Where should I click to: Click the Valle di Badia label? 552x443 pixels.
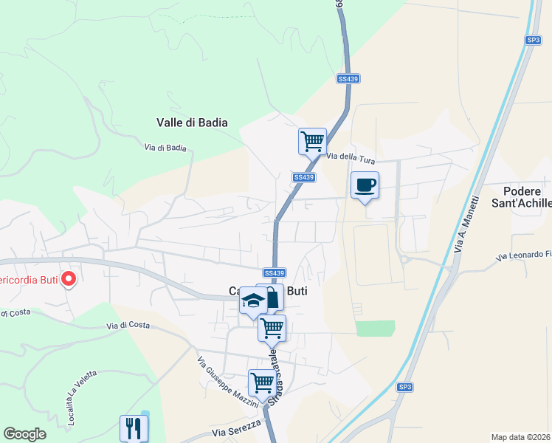tap(192, 123)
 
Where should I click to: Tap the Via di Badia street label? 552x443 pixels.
tap(165, 148)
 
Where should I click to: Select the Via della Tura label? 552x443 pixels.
tap(351, 156)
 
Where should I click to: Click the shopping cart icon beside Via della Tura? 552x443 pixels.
tap(312, 140)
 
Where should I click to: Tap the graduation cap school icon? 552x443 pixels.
tap(252, 301)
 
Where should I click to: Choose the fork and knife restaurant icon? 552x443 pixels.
tap(134, 427)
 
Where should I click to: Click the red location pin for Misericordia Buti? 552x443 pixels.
tap(68, 279)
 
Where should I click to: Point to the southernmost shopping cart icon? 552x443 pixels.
tap(262, 382)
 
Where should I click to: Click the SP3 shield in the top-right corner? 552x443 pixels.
tap(534, 40)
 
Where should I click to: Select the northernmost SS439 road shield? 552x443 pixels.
tap(348, 78)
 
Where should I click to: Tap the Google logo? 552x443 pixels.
tap(24, 434)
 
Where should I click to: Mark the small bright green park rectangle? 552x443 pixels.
tap(375, 328)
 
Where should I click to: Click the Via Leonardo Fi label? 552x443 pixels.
tap(524, 255)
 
